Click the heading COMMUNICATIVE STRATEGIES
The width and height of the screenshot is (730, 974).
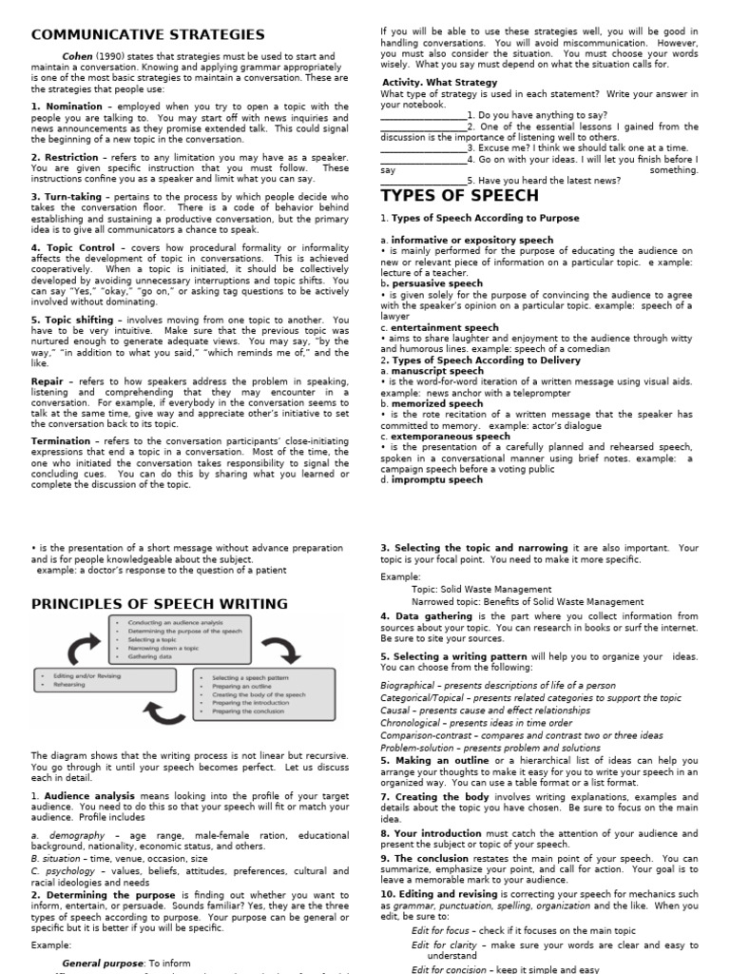point(148,35)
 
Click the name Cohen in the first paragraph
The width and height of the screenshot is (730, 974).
point(77,56)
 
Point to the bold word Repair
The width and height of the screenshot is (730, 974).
point(48,380)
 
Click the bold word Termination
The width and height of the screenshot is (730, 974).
point(61,441)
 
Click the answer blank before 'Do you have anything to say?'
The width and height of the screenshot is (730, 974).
point(422,115)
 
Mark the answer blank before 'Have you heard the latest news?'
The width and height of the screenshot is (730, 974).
point(422,181)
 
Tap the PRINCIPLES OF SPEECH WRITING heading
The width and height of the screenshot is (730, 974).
point(160,604)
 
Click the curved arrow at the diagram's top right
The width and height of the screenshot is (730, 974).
point(281,650)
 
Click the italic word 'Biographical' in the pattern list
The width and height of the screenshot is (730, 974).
point(409,685)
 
